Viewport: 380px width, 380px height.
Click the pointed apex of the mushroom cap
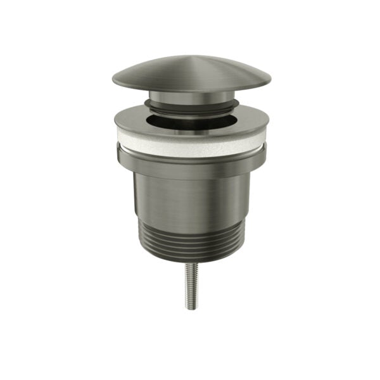tap(191, 56)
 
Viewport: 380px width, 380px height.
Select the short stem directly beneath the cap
tap(191, 96)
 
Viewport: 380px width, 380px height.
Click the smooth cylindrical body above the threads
tap(191, 196)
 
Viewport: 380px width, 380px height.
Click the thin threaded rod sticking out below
tap(190, 285)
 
